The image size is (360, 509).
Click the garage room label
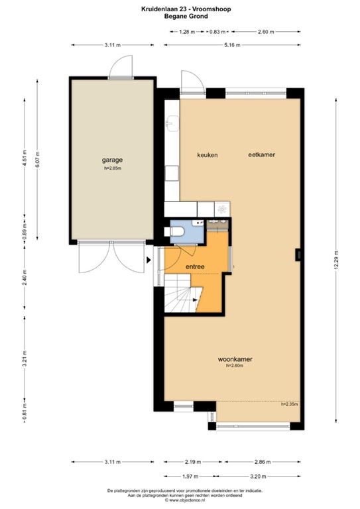click(x=112, y=160)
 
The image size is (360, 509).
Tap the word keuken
click(x=207, y=154)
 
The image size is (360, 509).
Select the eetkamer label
click(x=261, y=154)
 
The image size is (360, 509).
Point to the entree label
click(x=194, y=267)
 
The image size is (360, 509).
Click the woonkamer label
click(x=235, y=359)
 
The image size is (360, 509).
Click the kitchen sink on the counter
click(x=172, y=123)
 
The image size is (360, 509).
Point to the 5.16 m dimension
click(x=231, y=44)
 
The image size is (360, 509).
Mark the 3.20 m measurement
click(x=259, y=476)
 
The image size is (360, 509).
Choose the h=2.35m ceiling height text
click(x=289, y=404)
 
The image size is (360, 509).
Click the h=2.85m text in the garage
click(x=113, y=168)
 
